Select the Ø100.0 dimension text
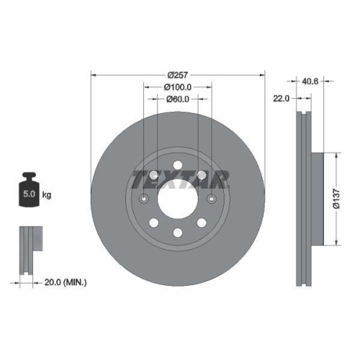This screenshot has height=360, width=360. pyautogui.click(x=177, y=87)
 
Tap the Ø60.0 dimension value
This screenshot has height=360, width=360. pyautogui.click(x=177, y=99)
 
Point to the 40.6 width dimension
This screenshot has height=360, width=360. pyautogui.click(x=312, y=81)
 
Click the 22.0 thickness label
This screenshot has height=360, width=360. pyautogui.click(x=282, y=99)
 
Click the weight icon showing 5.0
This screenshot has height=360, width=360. pyautogui.click(x=30, y=191)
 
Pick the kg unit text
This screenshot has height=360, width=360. pyautogui.click(x=48, y=195)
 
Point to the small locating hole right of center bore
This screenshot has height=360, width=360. pyautogui.click(x=212, y=199)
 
